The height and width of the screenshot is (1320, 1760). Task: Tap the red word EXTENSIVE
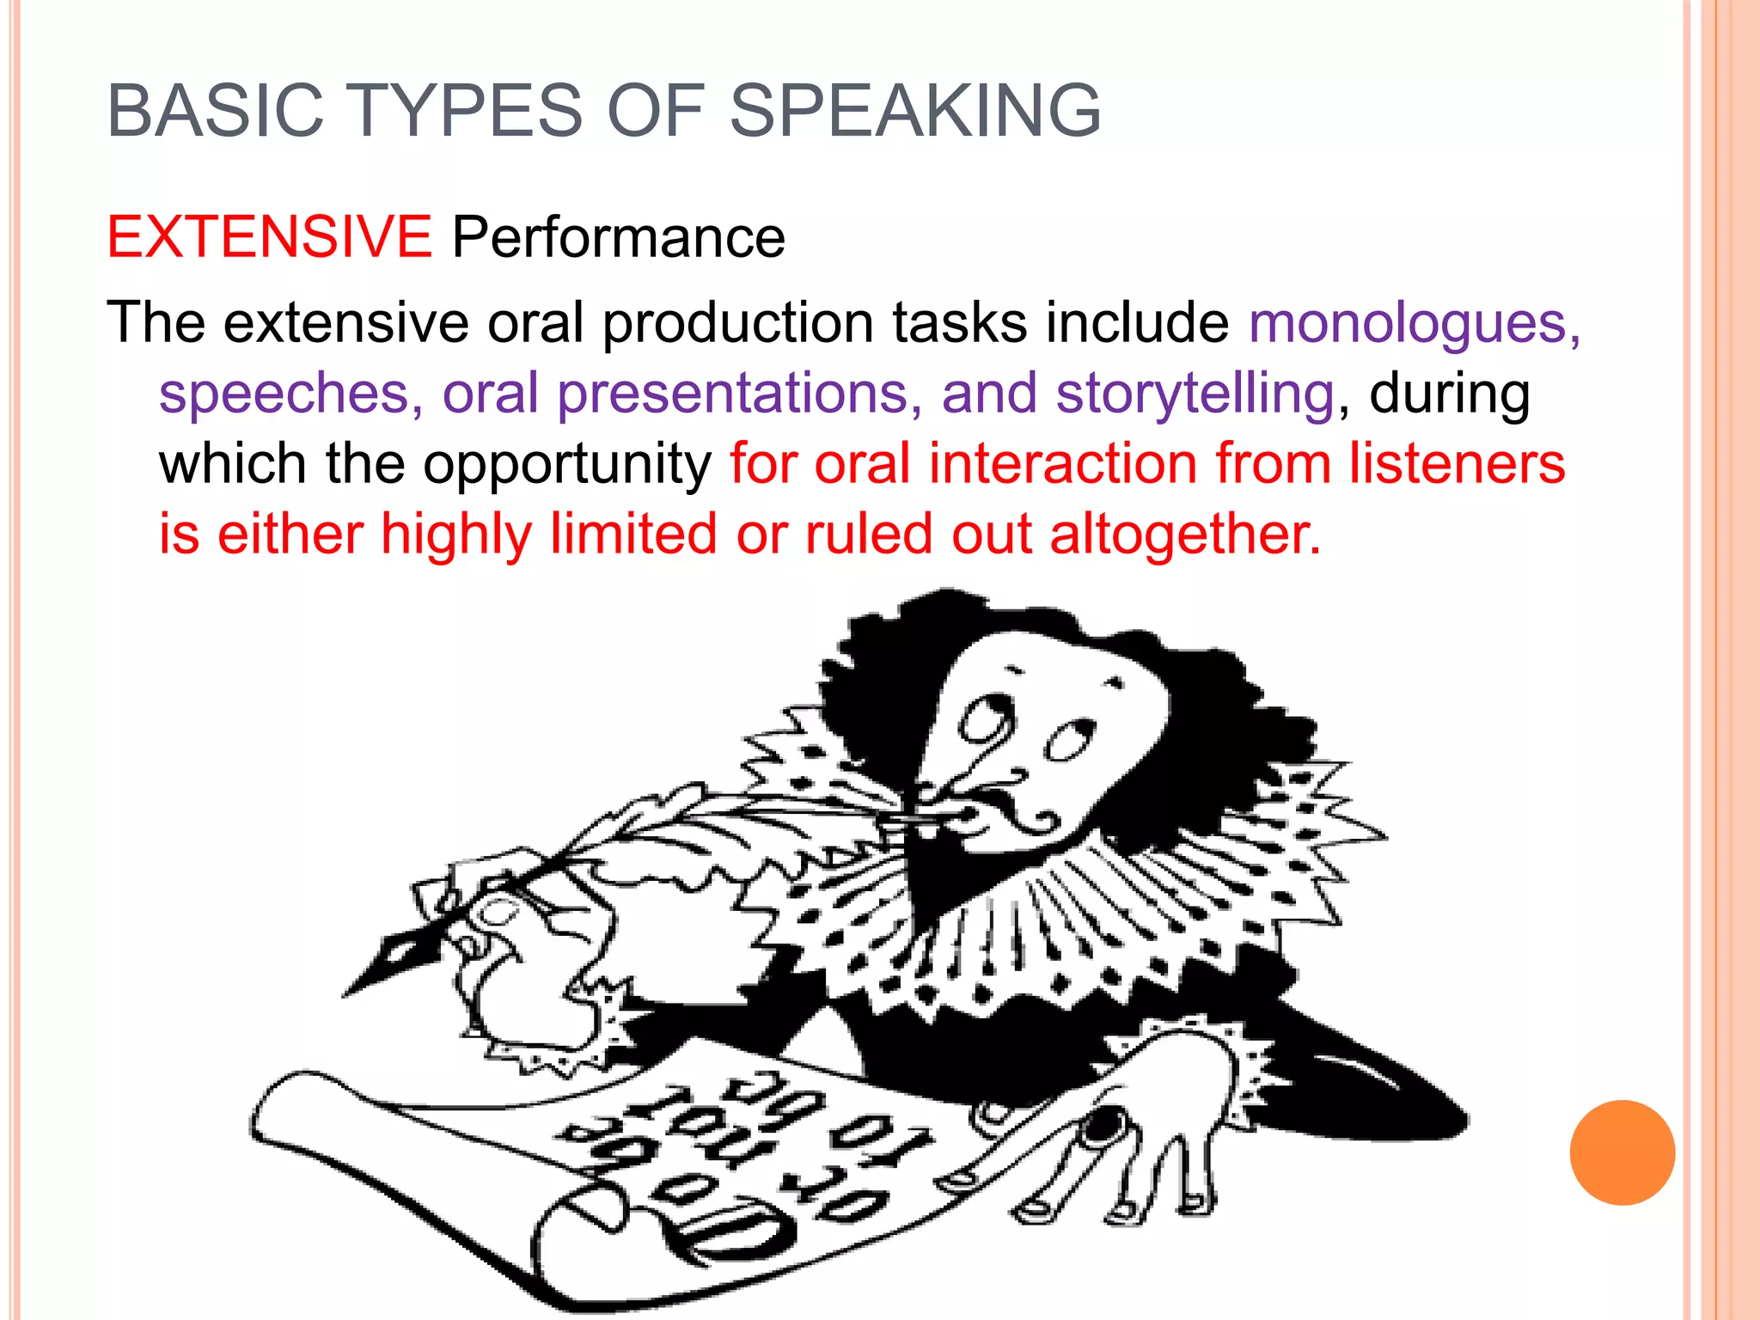pyautogui.click(x=269, y=236)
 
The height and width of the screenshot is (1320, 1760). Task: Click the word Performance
pyautogui.click(x=619, y=236)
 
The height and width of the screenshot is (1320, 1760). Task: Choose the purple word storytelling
pyautogui.click(x=1195, y=394)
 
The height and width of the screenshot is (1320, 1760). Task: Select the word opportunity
pyautogui.click(x=567, y=465)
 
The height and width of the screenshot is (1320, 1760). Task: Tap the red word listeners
pyautogui.click(x=1457, y=464)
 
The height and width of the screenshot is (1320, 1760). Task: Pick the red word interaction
pyautogui.click(x=1063, y=464)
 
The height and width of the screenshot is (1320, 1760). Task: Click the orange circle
pyautogui.click(x=1622, y=1152)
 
